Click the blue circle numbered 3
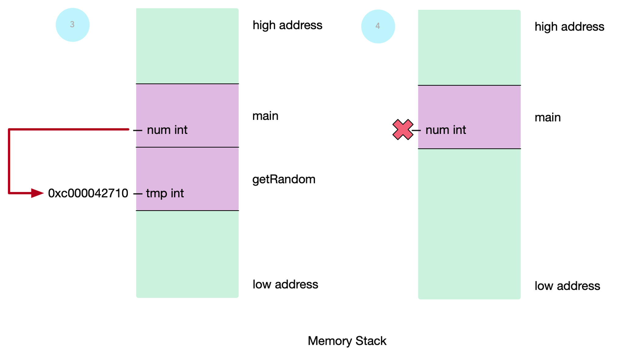pos(72,25)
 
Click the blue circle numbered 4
pos(378,26)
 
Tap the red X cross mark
pos(403,130)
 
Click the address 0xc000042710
pos(88,193)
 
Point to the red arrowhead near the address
pos(37,193)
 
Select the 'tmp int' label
pos(165,193)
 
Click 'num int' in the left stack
pos(167,130)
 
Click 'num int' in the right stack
pos(446,130)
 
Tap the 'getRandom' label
pos(284,179)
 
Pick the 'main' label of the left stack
pos(265,116)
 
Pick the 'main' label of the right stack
pos(548,117)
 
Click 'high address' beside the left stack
pos(287,25)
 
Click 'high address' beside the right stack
pos(570,27)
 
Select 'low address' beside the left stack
pos(285,284)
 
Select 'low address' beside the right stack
pos(567,286)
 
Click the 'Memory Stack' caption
pos(347,341)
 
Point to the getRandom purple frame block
pos(187,179)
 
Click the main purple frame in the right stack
pos(469,117)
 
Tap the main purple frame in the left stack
pos(187,116)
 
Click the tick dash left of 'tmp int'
pos(138,194)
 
